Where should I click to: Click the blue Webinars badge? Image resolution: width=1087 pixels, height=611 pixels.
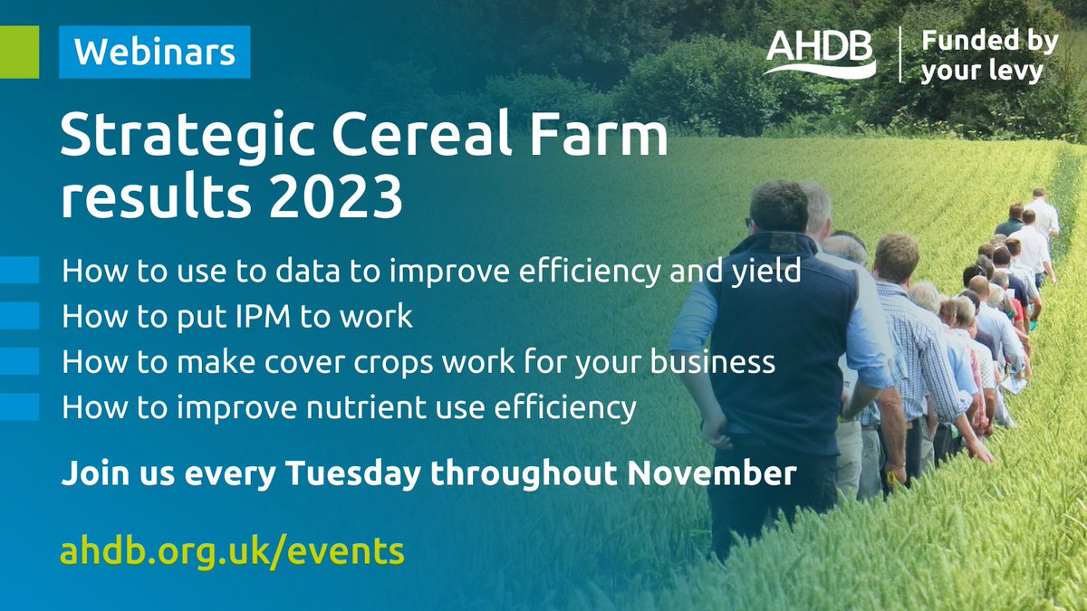click(154, 53)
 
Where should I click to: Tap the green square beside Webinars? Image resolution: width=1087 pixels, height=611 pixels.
click(19, 53)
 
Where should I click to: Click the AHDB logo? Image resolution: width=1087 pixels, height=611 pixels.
click(821, 55)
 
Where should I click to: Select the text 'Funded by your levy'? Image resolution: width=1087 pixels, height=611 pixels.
click(976, 56)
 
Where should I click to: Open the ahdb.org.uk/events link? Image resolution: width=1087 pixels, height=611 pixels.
click(232, 549)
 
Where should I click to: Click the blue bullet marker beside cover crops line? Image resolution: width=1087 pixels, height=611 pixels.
click(20, 362)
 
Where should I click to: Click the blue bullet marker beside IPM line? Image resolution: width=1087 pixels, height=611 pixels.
click(20, 317)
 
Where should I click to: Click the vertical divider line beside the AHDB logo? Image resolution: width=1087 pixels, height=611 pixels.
click(899, 55)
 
